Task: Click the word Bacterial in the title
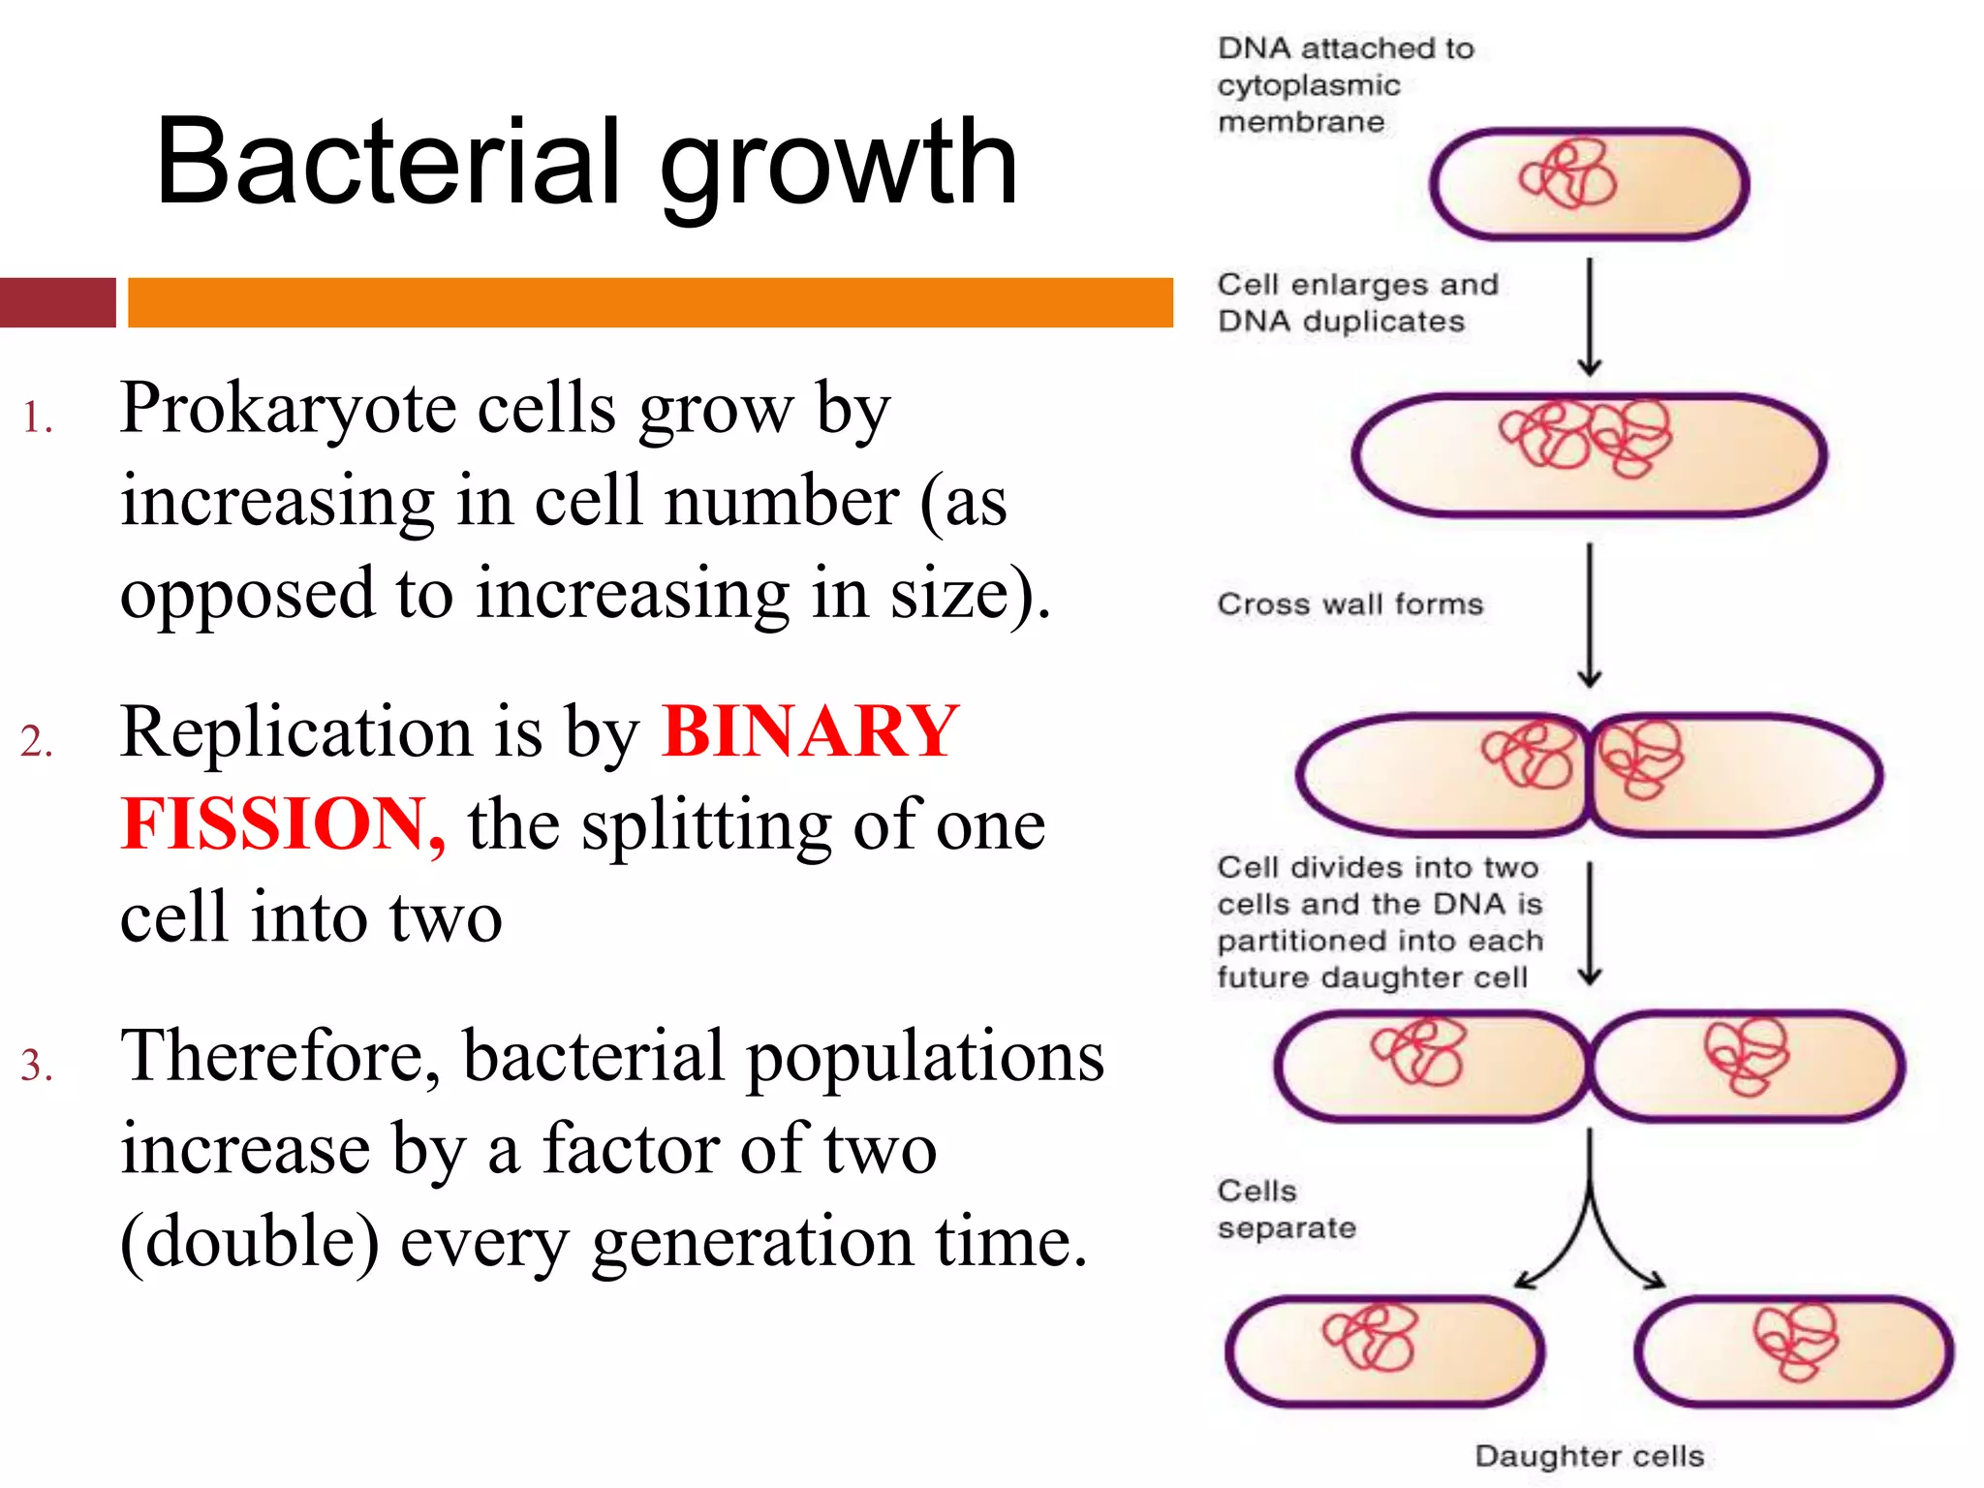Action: click(387, 163)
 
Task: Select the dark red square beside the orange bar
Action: click(57, 302)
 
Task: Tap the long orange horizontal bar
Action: click(649, 302)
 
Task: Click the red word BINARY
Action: click(810, 731)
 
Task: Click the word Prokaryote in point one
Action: click(289, 409)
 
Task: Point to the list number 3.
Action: click(36, 1065)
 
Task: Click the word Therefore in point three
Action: click(279, 1057)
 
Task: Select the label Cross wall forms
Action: click(1349, 604)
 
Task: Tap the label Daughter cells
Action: click(1589, 1456)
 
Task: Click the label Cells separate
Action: click(1286, 1209)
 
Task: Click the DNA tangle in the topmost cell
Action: click(1568, 175)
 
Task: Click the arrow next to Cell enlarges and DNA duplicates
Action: click(1589, 317)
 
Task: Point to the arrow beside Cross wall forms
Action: click(1589, 614)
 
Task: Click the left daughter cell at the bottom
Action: click(1385, 1351)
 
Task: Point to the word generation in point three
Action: click(751, 1243)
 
